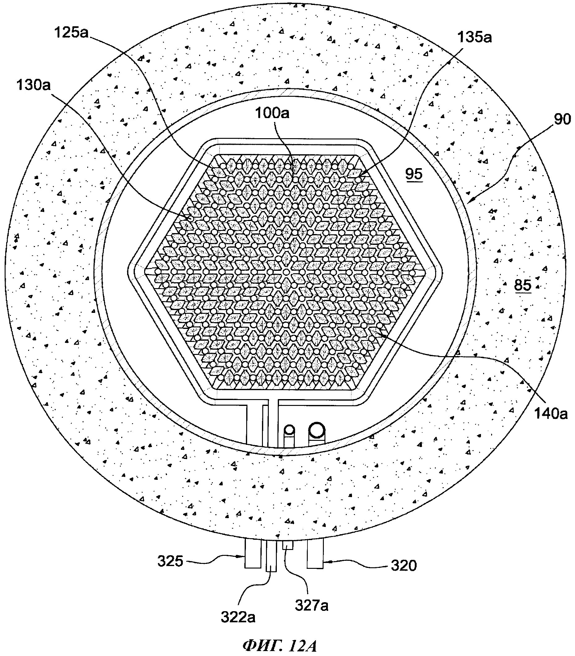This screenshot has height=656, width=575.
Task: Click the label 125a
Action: click(71, 32)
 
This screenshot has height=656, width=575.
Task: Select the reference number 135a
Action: click(474, 37)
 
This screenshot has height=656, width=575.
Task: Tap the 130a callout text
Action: click(34, 86)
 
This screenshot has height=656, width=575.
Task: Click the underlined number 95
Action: click(414, 174)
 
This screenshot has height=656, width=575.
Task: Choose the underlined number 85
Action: click(523, 285)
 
